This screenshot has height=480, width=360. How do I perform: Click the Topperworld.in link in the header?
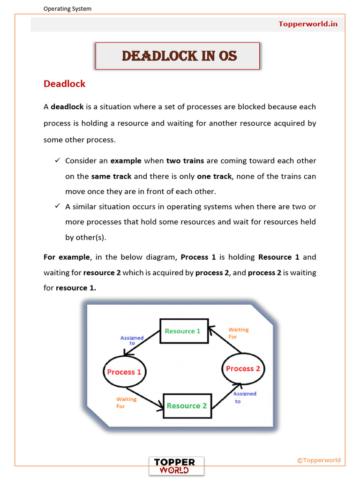(x=308, y=24)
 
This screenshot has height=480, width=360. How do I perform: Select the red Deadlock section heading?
(x=64, y=84)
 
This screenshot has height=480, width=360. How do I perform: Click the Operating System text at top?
(x=67, y=8)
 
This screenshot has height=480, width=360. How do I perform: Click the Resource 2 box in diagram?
(x=187, y=405)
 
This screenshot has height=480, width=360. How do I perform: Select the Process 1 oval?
(x=124, y=372)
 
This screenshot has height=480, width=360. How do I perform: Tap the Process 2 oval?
(x=243, y=369)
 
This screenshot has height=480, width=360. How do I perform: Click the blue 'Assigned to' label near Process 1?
(x=132, y=340)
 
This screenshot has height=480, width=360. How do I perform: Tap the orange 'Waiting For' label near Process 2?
(x=238, y=333)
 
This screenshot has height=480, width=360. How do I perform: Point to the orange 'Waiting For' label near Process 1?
(x=126, y=403)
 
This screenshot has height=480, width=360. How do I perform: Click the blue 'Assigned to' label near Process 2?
(x=245, y=397)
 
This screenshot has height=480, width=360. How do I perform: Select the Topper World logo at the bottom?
(x=177, y=466)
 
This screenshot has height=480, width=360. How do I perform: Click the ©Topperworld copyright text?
(x=319, y=460)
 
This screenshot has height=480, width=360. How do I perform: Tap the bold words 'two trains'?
(x=185, y=161)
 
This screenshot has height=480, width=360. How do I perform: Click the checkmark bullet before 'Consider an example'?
(x=57, y=161)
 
